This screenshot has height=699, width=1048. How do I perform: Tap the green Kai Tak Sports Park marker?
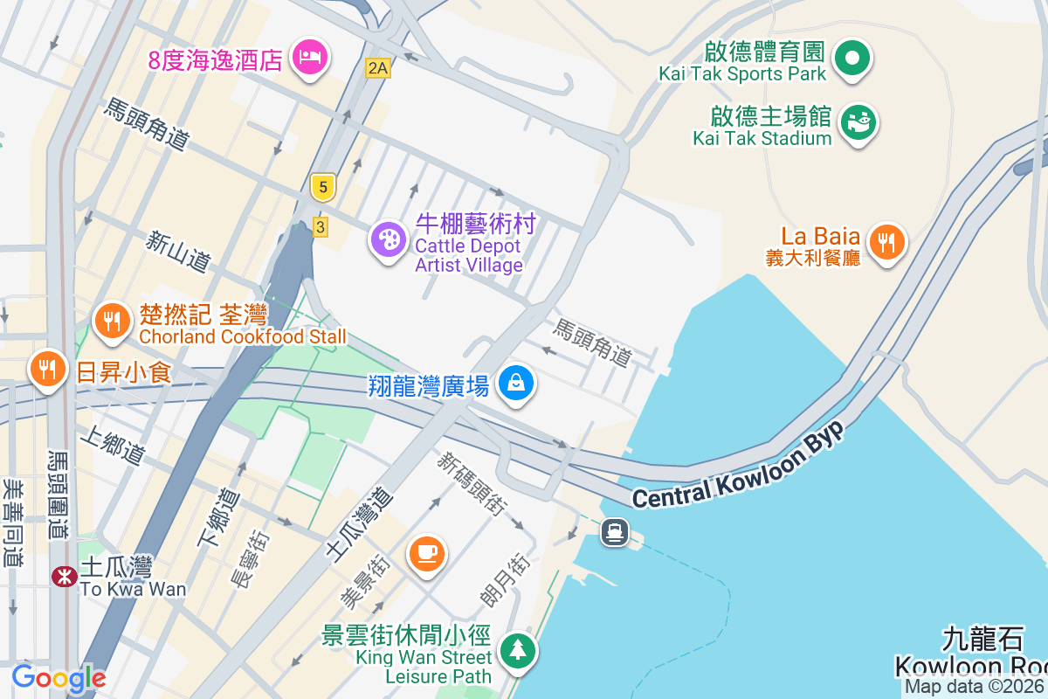pyautogui.click(x=852, y=59)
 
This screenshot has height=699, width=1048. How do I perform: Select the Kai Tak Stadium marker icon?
pyautogui.click(x=858, y=122)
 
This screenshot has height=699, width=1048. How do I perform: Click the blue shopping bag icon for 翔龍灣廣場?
pyautogui.click(x=516, y=383)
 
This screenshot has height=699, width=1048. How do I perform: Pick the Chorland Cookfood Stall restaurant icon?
pyautogui.click(x=112, y=320)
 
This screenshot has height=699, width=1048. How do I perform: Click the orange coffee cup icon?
pyautogui.click(x=426, y=553)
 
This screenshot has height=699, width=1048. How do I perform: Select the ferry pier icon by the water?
pyautogui.click(x=615, y=531)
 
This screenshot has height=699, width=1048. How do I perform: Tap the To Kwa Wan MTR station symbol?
pyautogui.click(x=64, y=577)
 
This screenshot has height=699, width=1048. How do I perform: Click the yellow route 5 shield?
pyautogui.click(x=323, y=186)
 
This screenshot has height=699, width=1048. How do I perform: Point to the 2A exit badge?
pyautogui.click(x=377, y=67)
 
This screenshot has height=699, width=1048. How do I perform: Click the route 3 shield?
pyautogui.click(x=321, y=227)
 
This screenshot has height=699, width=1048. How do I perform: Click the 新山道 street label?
pyautogui.click(x=179, y=250)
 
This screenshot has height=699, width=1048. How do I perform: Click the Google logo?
pyautogui.click(x=59, y=677)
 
